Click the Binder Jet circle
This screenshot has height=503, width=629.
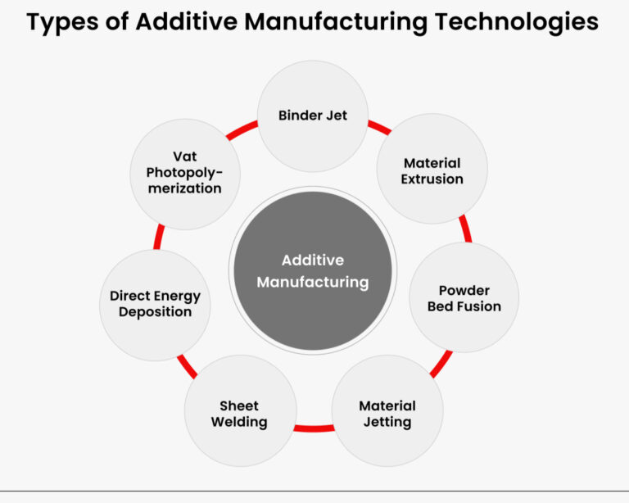[313, 116]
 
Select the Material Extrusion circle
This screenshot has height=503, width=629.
[432, 170]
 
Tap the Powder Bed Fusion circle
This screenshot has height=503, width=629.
[464, 298]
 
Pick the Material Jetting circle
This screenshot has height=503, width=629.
[387, 414]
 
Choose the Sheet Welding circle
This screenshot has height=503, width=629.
[240, 414]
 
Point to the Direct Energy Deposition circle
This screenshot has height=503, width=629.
[155, 304]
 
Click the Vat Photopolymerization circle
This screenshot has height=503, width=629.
[185, 172]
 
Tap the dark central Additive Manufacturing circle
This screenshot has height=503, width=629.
[313, 271]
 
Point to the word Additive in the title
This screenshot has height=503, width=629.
[180, 22]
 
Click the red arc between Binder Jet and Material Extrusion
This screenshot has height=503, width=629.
[378, 127]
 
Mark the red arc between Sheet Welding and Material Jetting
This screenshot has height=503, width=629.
[314, 428]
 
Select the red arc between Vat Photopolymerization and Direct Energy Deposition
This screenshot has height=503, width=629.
[157, 238]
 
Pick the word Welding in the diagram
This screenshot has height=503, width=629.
[239, 423]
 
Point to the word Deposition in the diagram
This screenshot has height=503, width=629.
[155, 312]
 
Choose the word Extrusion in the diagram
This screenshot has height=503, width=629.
[432, 179]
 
